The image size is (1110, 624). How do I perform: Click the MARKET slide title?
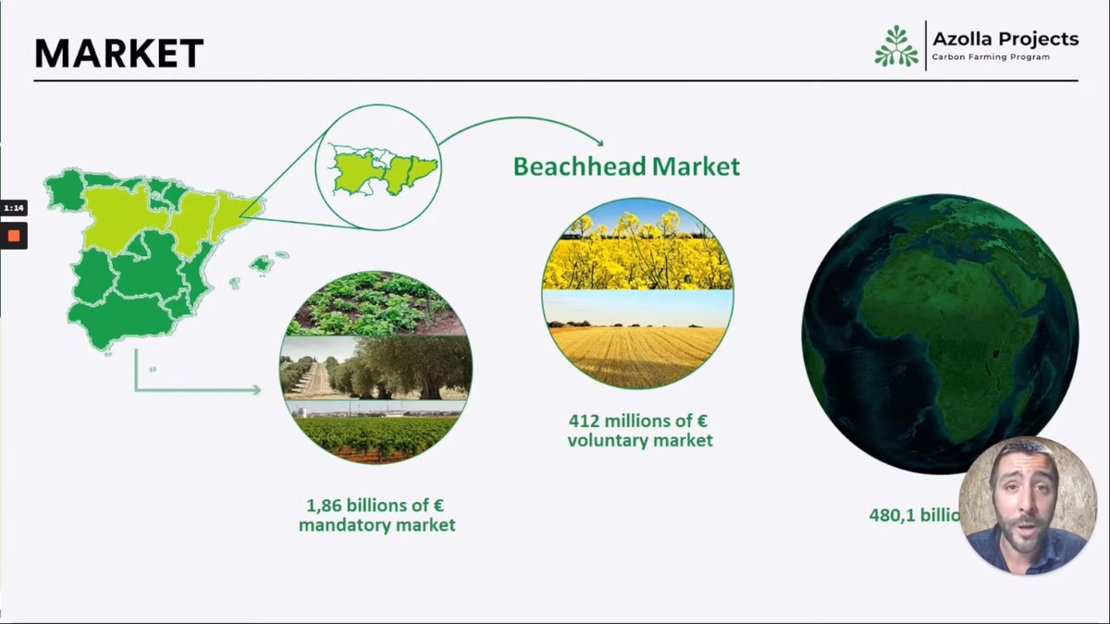pyautogui.click(x=118, y=55)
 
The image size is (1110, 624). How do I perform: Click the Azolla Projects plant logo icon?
pyautogui.click(x=896, y=46)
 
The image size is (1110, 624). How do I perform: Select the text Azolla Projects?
pyautogui.click(x=1005, y=39)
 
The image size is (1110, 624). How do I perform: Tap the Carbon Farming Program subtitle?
pyautogui.click(x=990, y=58)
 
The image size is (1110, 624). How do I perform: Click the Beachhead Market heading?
pyautogui.click(x=626, y=166)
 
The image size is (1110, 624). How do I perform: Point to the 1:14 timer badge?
pyautogui.click(x=14, y=208)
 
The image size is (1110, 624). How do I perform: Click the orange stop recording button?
pyautogui.click(x=14, y=236)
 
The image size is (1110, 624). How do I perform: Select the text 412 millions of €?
pyautogui.click(x=639, y=421)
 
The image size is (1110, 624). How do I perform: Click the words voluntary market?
pyautogui.click(x=639, y=441)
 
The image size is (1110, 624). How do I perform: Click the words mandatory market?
pyautogui.click(x=376, y=526)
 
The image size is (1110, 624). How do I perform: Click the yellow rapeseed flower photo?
pyautogui.click(x=638, y=250)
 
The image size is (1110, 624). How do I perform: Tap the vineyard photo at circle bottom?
pyautogui.click(x=376, y=434)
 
